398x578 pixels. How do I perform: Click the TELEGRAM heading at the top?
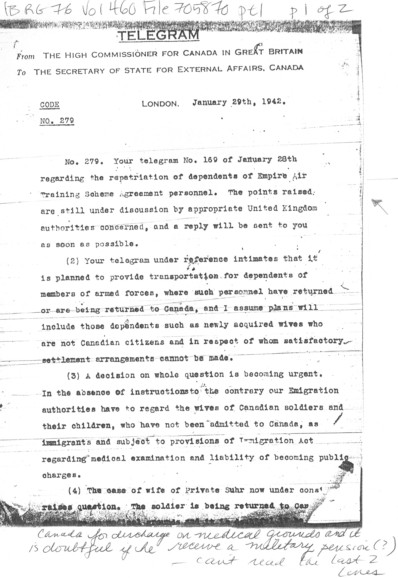tap(159, 35)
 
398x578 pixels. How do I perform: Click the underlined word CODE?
tap(50, 105)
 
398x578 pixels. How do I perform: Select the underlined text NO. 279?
tap(57, 121)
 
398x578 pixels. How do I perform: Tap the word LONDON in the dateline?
tap(160, 104)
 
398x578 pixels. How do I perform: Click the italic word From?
tap(26, 56)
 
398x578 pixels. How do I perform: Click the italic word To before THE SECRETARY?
tap(21, 72)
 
